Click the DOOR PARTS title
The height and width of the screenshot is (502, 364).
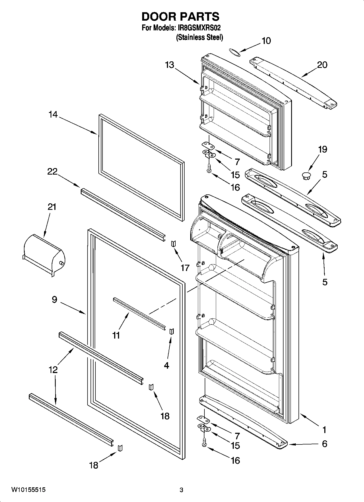click(180, 17)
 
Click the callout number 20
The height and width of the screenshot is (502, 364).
click(322, 65)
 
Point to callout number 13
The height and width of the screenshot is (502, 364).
click(169, 65)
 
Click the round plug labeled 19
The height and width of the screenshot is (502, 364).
click(306, 175)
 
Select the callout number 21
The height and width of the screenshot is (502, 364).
click(52, 207)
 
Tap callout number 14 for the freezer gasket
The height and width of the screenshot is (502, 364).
click(53, 115)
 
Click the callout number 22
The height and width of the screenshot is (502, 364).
click(52, 172)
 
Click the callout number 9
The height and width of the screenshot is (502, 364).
click(54, 300)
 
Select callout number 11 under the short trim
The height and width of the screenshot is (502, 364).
click(116, 336)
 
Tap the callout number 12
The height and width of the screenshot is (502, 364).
click(53, 370)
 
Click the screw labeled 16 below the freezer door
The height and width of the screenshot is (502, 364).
click(209, 171)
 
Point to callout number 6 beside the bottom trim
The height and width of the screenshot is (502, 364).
click(324, 444)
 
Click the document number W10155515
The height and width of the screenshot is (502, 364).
click(28, 490)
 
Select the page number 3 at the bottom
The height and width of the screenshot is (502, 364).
click(181, 490)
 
